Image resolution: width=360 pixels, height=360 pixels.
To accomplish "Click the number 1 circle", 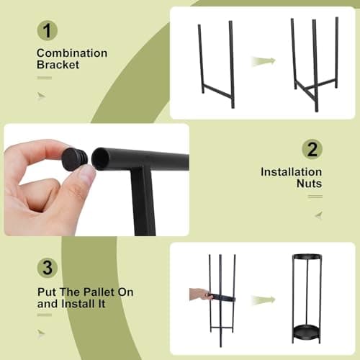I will tap(48, 31).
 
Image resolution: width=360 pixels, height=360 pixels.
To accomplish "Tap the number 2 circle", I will tap(312, 150).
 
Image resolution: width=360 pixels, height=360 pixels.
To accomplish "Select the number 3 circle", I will tap(48, 269).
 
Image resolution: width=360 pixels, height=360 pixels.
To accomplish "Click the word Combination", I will tap(71, 53).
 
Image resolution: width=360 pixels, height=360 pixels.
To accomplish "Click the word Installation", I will tap(291, 172).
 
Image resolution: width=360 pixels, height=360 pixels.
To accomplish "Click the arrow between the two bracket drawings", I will tap(262, 63).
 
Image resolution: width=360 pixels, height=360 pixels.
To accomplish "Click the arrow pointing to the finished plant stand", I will tap(264, 299).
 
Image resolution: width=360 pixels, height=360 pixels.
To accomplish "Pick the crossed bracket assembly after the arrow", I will tap(315, 65).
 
